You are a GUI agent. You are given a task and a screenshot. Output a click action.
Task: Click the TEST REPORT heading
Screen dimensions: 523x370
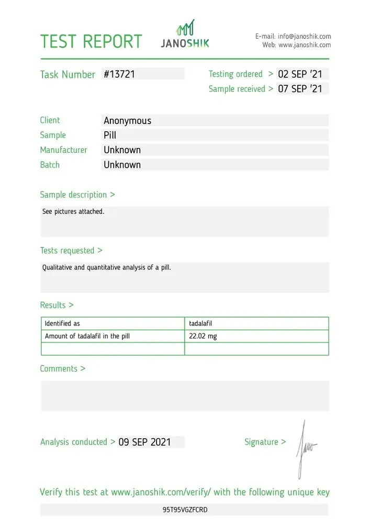point(91,41)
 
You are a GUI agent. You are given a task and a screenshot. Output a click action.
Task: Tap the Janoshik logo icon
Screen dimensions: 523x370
point(185,27)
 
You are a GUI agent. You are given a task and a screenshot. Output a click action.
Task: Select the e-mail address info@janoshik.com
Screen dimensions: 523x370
point(304,36)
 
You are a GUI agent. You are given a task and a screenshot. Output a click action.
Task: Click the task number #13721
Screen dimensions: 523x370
point(119,74)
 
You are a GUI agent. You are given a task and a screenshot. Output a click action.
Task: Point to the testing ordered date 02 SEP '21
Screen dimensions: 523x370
point(300,74)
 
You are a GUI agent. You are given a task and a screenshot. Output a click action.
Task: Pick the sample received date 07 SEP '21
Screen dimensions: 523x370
point(300,89)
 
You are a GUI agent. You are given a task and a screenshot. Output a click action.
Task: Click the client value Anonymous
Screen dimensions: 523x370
point(127,121)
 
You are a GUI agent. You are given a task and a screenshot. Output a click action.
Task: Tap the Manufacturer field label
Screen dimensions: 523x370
point(63,150)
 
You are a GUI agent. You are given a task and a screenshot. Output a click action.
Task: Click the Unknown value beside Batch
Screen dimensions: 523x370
point(122,165)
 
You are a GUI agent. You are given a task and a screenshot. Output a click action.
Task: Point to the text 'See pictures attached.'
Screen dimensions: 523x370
point(73,212)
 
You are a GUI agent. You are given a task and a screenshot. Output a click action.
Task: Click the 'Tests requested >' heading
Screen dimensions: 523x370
point(71,251)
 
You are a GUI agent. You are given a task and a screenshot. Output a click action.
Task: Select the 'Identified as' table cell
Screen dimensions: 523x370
point(62,324)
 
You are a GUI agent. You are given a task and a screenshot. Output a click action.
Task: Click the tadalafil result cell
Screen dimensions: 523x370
point(200,324)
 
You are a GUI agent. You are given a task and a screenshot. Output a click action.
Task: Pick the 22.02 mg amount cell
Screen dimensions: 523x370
point(203,336)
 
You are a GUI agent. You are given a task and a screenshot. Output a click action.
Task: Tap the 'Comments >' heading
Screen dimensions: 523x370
point(62,369)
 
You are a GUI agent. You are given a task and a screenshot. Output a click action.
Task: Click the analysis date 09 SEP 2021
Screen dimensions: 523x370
point(144,442)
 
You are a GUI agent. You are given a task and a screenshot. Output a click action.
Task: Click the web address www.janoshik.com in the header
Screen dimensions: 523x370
point(305,45)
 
